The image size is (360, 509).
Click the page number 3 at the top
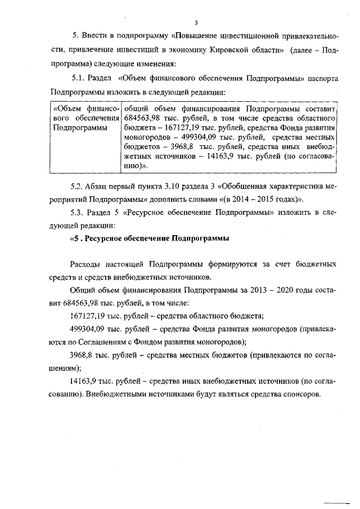[196, 23]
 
